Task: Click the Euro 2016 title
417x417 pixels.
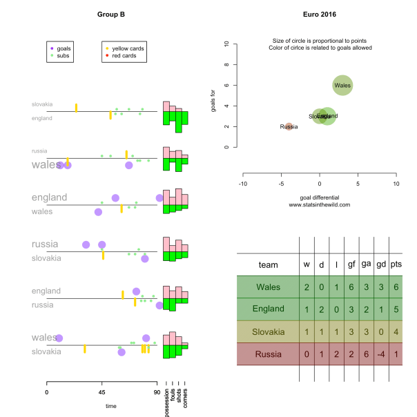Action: pos(319,14)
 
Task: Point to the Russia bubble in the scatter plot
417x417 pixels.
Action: pos(289,127)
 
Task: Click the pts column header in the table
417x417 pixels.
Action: pos(396,264)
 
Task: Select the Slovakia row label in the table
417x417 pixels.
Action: pos(268,332)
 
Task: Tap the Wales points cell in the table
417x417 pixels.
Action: pos(396,287)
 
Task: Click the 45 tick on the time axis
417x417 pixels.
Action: pos(101,392)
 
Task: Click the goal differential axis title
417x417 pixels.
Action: pos(319,197)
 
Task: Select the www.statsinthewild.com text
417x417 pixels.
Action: pos(319,205)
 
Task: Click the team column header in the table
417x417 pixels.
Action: pos(268,264)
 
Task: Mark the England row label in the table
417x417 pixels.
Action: pos(268,309)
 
